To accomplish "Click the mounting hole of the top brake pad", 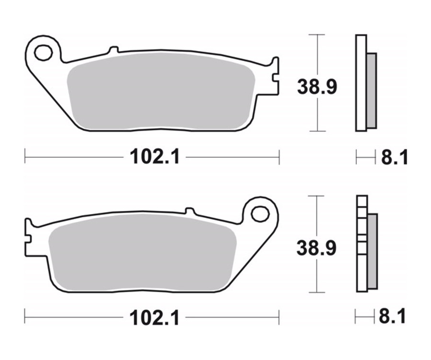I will (x=44, y=52).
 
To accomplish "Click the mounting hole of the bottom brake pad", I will (x=260, y=214).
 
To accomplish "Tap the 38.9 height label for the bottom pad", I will (x=317, y=248).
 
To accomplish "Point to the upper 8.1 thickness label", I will (x=395, y=157).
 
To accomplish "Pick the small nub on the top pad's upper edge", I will (x=113, y=50).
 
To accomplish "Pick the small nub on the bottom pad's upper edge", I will (x=190, y=211).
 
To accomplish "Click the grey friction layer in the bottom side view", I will (x=372, y=251).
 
